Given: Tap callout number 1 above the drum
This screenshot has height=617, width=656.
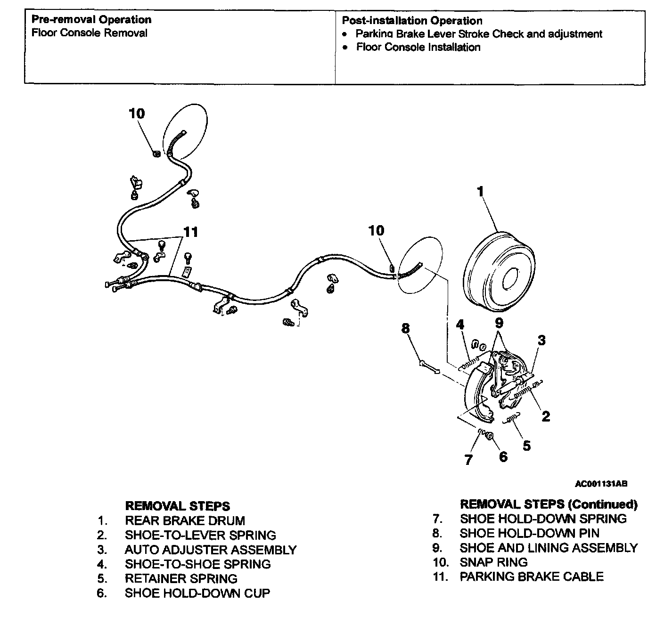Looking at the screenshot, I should (x=480, y=192).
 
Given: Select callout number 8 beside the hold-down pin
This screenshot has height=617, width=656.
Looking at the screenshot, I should (x=405, y=328).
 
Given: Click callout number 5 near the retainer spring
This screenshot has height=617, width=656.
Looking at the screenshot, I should (x=526, y=445).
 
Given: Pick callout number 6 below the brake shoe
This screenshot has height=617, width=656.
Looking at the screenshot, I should (x=503, y=456).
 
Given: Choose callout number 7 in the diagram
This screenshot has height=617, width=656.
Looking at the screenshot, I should (x=468, y=460).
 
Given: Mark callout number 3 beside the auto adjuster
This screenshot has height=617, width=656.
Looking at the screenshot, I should (x=542, y=340).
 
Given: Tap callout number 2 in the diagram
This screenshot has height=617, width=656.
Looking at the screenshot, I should (x=546, y=416).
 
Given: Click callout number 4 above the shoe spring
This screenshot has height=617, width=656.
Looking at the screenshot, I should (x=460, y=325).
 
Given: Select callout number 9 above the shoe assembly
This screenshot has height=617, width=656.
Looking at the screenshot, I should (x=499, y=323).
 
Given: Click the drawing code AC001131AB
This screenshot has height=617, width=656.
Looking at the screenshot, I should (x=601, y=484).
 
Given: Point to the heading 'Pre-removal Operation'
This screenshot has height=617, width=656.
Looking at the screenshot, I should (x=91, y=20).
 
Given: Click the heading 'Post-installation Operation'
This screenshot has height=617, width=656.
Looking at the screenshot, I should (x=412, y=21).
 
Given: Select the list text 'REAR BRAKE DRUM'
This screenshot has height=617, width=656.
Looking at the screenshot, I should (x=185, y=521).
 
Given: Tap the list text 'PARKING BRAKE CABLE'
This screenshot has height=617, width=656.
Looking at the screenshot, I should (x=531, y=576).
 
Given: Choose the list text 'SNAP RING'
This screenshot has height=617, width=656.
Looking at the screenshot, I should (x=493, y=562).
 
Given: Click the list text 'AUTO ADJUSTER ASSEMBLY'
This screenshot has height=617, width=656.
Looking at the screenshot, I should (x=210, y=550).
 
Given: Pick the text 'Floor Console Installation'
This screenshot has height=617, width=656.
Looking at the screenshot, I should (x=418, y=47).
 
